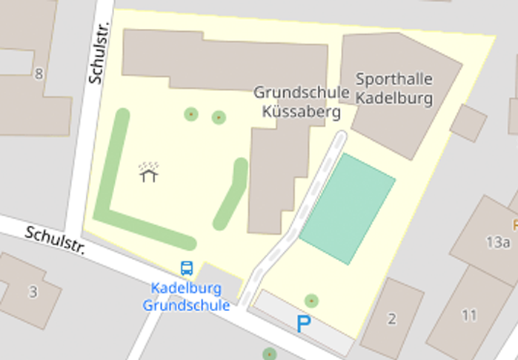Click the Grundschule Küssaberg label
point(301,102)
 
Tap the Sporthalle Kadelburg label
point(394,87)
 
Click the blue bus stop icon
point(186,268)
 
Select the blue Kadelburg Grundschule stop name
point(186,296)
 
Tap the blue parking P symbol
point(302,324)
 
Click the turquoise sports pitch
point(348,208)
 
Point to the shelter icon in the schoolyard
point(149,173)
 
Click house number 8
point(39,73)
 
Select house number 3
point(33,292)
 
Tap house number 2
point(392,319)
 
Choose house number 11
point(468,316)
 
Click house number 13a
point(498,241)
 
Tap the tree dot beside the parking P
point(312,300)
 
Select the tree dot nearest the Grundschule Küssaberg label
point(219,117)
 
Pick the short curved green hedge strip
point(231,194)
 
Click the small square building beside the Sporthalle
point(468,123)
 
